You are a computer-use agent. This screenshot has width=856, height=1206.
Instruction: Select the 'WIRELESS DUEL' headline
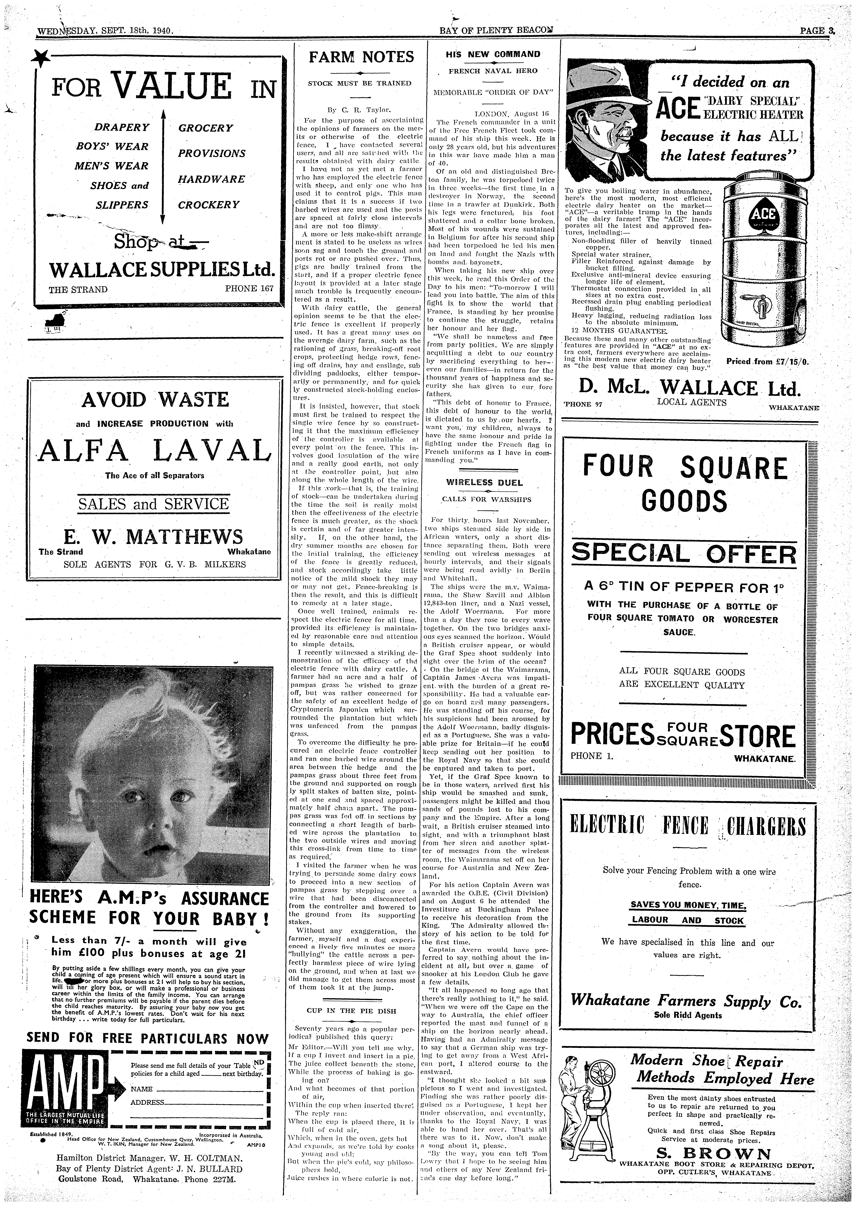click(484, 482)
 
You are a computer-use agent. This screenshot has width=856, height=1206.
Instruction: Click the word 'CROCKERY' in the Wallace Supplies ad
click(209, 205)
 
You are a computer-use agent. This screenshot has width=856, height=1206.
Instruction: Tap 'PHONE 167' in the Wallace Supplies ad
click(249, 289)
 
